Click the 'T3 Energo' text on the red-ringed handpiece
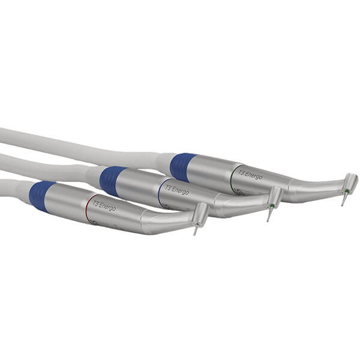[x=104, y=207]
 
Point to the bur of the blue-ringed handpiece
[x=269, y=215]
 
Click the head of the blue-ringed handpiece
[x=274, y=197]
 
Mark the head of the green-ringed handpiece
[x=349, y=183]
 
